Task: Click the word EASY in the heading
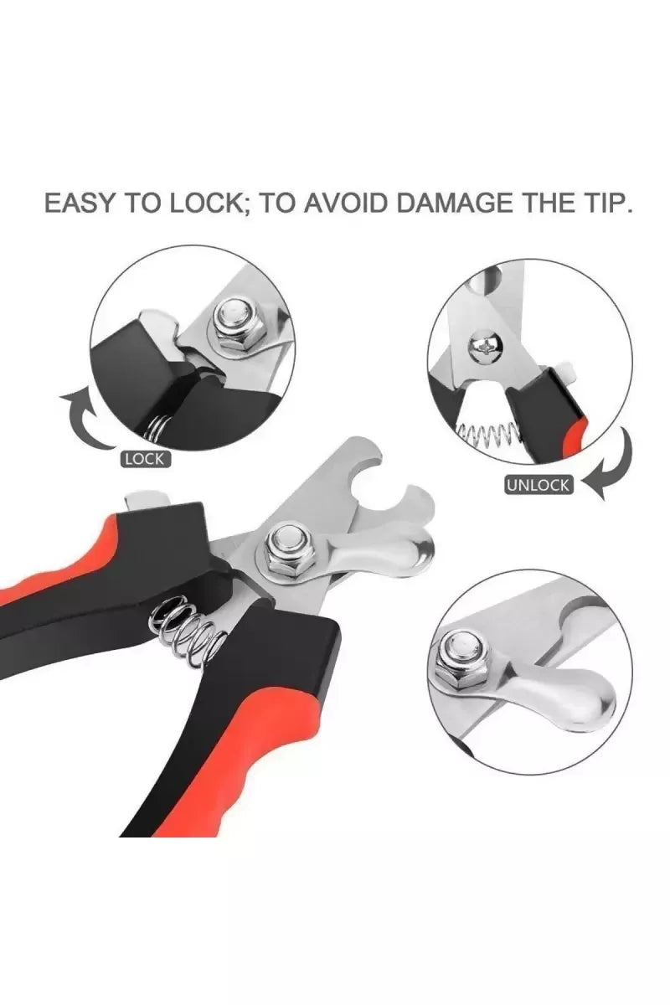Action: [80, 203]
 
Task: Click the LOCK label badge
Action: [145, 459]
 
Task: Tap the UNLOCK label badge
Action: [537, 485]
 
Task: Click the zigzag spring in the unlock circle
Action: [487, 433]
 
